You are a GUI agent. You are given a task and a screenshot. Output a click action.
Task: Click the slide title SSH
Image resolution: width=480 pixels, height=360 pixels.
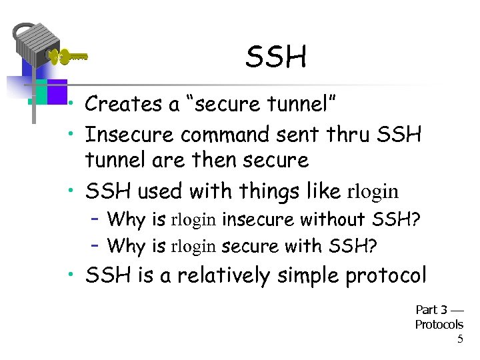coord(275,58)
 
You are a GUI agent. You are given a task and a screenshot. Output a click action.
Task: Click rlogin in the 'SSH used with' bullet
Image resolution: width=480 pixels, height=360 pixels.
coord(373,192)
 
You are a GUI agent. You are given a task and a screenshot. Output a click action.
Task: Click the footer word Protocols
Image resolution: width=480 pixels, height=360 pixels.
coord(439,325)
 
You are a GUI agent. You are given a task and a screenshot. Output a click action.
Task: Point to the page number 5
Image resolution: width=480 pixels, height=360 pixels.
coord(459,339)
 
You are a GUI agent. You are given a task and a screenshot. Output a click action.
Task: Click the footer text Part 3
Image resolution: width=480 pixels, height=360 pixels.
coord(431,310)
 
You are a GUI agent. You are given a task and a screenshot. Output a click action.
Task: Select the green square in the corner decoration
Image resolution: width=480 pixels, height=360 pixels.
coord(39,92)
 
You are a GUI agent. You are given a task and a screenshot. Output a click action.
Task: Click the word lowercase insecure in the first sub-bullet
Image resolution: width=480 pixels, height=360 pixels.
coord(259,219)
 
